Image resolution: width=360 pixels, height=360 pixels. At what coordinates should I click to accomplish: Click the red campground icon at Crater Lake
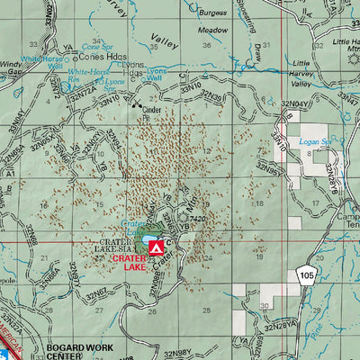click(156, 246)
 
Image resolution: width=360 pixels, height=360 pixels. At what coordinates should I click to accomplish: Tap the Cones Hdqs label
click(99, 54)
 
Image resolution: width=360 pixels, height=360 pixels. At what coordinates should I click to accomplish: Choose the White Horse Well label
click(43, 62)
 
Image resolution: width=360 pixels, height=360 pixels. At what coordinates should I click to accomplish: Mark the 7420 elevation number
click(199, 219)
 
